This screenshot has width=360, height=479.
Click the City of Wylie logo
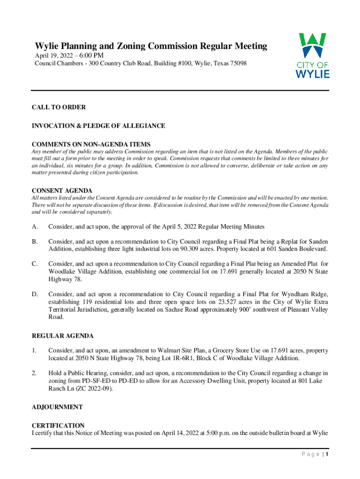click(x=313, y=55)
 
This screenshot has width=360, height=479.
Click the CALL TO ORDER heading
click(x=58, y=108)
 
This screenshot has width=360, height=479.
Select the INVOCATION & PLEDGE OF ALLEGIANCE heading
click(x=98, y=126)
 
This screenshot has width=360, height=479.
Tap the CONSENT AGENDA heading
click(x=62, y=191)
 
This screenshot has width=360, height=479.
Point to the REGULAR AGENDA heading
click(x=63, y=336)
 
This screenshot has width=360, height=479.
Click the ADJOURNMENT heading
click(x=57, y=407)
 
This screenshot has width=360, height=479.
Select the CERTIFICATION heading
click(x=58, y=426)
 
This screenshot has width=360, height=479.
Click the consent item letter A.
click(x=34, y=227)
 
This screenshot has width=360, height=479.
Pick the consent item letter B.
click(x=34, y=241)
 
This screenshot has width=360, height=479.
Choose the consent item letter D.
click(x=34, y=294)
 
